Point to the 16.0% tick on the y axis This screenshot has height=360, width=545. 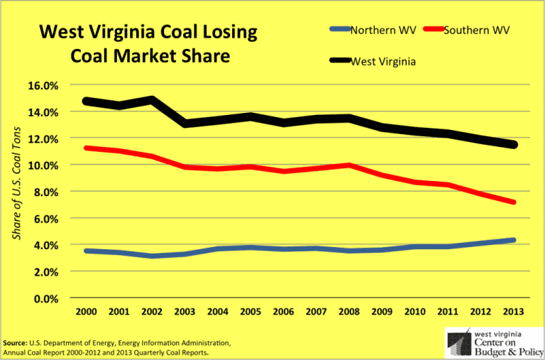(43, 85)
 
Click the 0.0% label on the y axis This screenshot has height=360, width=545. (45, 298)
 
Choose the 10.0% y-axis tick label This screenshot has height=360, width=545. (43, 165)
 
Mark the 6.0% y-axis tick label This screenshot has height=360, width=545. (45, 219)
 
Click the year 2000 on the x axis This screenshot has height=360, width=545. (87, 312)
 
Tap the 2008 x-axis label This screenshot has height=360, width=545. (348, 312)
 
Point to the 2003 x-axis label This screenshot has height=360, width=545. (185, 312)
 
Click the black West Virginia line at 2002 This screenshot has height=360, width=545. (152, 99)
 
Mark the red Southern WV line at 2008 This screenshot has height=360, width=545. (348, 165)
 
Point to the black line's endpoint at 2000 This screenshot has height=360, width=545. (87, 101)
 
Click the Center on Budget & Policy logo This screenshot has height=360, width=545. (490, 343)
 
